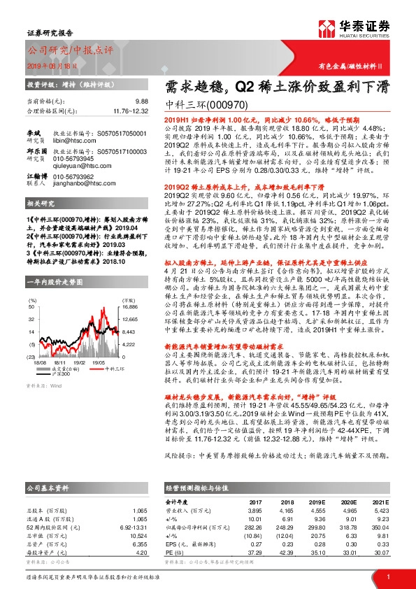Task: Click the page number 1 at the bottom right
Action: [388, 576]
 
